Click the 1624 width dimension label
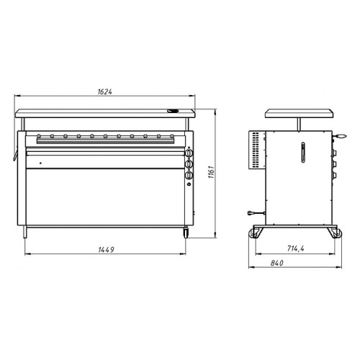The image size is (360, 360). pyautogui.click(x=105, y=91)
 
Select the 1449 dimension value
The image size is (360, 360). pyautogui.click(x=106, y=250)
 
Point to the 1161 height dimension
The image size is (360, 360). pyautogui.click(x=211, y=171)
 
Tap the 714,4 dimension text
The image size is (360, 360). pyautogui.click(x=295, y=248)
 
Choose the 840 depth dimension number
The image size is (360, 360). pyautogui.click(x=277, y=263)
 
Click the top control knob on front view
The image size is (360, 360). pyautogui.click(x=189, y=153)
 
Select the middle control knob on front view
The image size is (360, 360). pyautogui.click(x=189, y=164)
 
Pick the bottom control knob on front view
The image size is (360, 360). pyautogui.click(x=189, y=176)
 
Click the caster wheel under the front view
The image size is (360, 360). pyautogui.click(x=186, y=233)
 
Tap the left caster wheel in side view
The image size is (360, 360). pyautogui.click(x=253, y=233)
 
